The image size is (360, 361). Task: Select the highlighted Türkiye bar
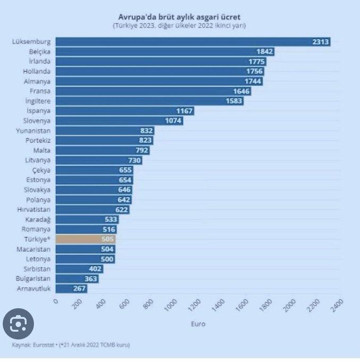[x=85, y=239]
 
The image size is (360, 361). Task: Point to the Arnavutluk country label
[x=33, y=289]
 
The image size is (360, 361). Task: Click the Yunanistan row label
[x=33, y=131]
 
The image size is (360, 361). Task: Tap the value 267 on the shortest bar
[x=79, y=289]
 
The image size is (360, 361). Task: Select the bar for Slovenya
[x=119, y=121]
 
